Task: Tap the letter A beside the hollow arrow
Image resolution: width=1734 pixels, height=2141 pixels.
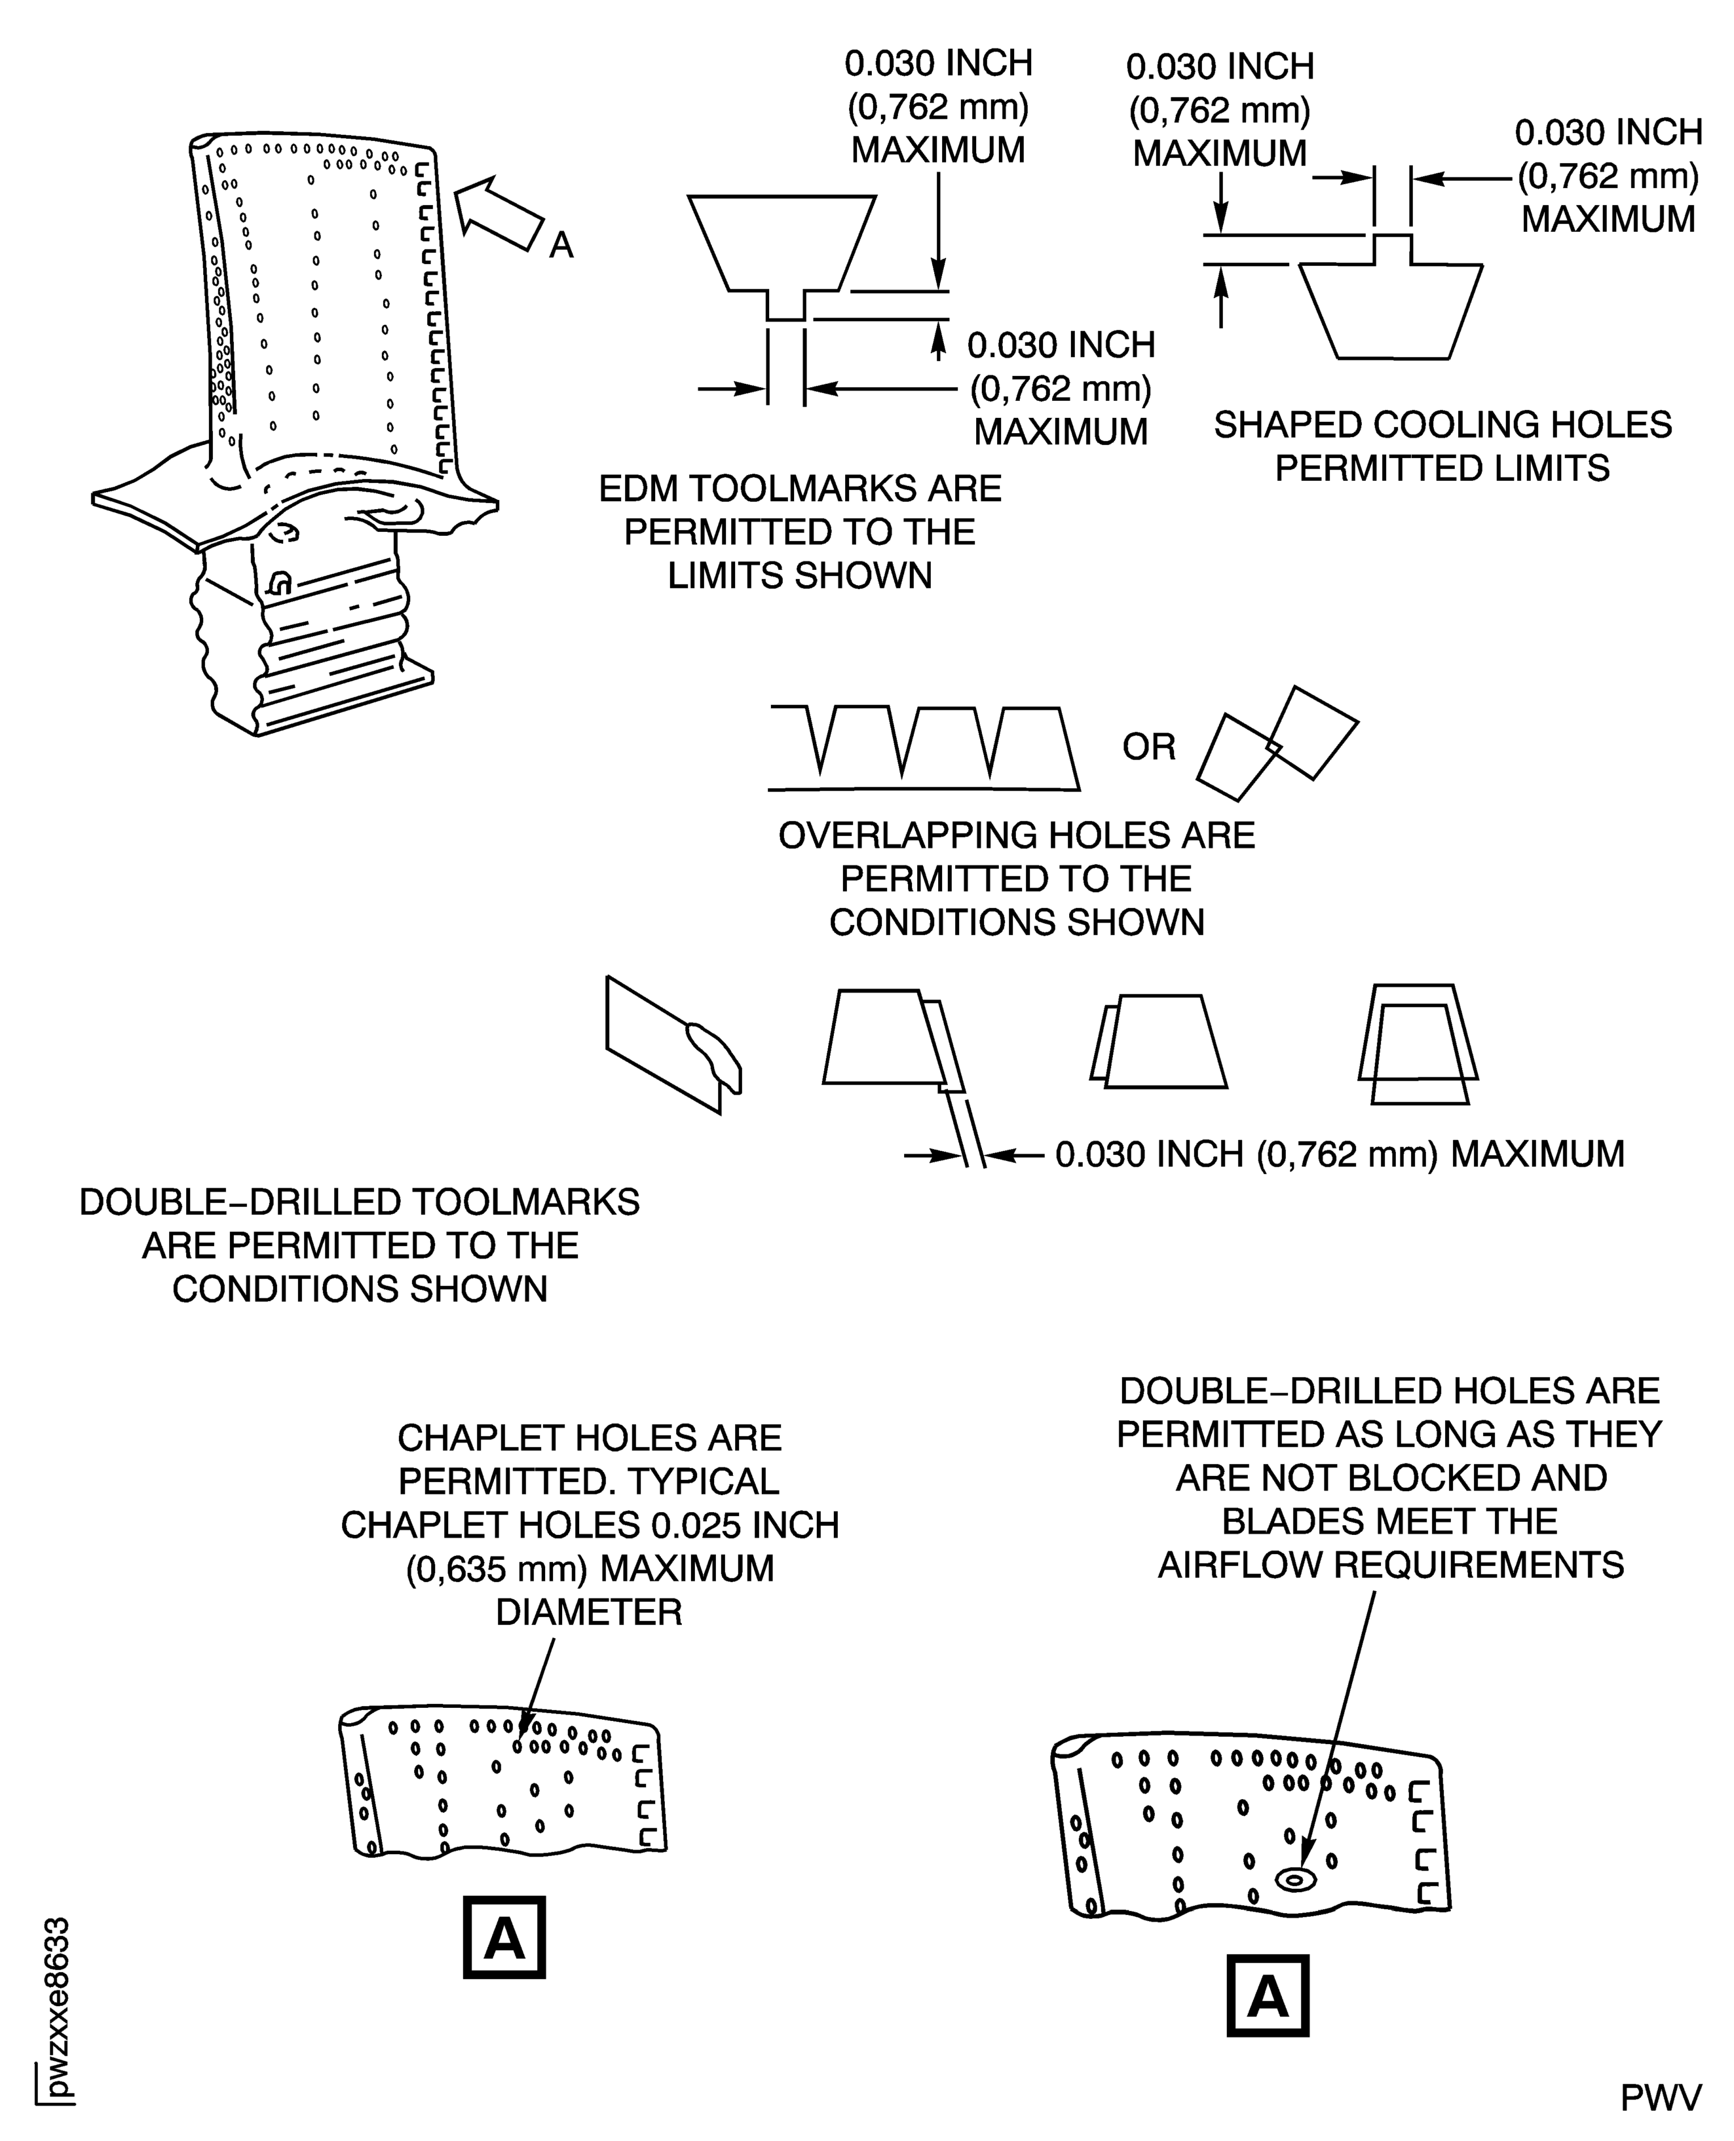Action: [561, 245]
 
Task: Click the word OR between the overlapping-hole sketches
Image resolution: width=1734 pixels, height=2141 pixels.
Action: [1148, 748]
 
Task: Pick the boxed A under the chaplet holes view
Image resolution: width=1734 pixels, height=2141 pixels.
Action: [504, 1938]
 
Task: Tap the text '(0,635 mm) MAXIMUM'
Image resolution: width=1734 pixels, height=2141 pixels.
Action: [590, 1568]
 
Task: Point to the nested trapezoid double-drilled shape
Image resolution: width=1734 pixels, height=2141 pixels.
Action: [1418, 1044]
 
